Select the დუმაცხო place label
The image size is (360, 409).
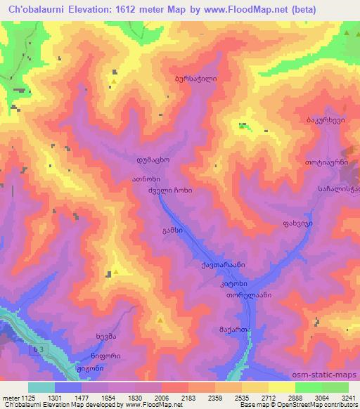pyautogui.click(x=154, y=160)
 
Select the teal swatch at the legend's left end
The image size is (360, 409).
pyautogui.click(x=41, y=387)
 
